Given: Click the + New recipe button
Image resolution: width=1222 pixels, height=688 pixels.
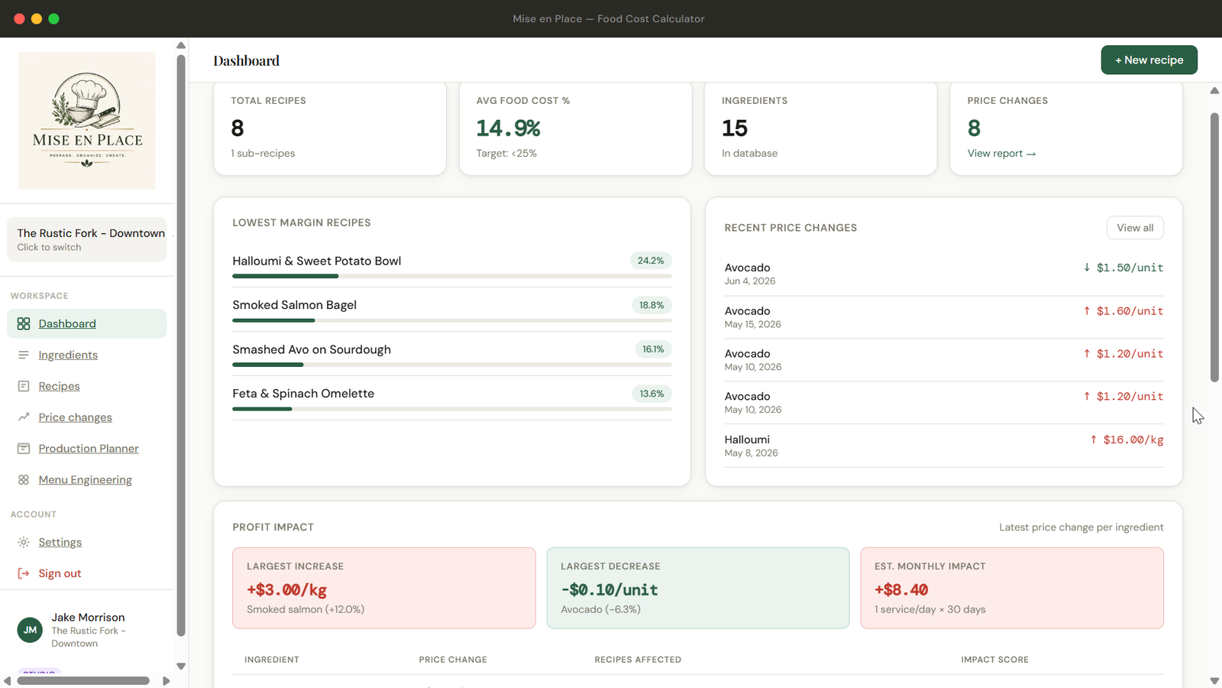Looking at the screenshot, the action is (x=1149, y=60).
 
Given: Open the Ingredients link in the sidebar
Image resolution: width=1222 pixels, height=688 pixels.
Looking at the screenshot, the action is (x=68, y=355).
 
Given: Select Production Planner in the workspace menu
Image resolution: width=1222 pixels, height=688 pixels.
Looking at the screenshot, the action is (x=89, y=448).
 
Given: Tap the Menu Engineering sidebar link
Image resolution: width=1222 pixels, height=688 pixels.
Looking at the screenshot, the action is (x=85, y=479).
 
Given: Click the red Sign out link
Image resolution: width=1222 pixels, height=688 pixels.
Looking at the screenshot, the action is (x=60, y=573).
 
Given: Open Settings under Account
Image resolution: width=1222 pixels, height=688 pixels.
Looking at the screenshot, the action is (x=60, y=542).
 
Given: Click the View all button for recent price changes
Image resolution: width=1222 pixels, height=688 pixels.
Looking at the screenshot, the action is (x=1135, y=228).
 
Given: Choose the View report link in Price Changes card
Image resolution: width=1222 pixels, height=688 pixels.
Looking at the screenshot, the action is (x=1001, y=154).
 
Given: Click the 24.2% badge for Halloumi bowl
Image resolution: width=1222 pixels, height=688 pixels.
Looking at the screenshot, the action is (x=651, y=261).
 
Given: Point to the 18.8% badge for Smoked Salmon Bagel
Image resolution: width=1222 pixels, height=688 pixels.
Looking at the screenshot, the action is (x=651, y=305).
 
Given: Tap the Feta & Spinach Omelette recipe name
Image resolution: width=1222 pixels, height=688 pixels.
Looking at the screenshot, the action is (x=303, y=394).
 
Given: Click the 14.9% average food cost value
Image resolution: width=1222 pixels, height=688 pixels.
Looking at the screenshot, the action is (x=508, y=128).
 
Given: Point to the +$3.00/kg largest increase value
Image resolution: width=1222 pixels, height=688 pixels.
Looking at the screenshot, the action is (x=286, y=589).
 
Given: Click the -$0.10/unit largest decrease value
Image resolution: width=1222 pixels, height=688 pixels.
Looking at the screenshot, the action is (x=609, y=589).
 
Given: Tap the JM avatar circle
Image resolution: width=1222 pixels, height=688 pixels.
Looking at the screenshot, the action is (x=30, y=630).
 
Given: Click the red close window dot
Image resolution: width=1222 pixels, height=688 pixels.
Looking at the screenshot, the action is (x=19, y=18).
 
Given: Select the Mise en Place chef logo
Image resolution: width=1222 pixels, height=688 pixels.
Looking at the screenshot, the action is (x=87, y=120).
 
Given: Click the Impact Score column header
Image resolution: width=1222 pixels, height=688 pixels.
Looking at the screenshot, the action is (x=994, y=660).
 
